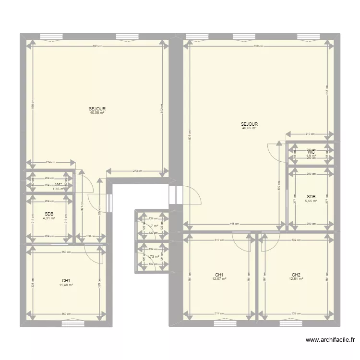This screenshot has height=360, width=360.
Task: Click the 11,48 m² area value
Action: [66, 285]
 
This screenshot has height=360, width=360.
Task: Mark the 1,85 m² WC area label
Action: [58, 189]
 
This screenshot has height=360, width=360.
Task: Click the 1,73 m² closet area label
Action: [153, 257]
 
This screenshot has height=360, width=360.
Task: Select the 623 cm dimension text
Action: [97, 46]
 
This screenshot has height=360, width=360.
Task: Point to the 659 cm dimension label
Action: [258, 46]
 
